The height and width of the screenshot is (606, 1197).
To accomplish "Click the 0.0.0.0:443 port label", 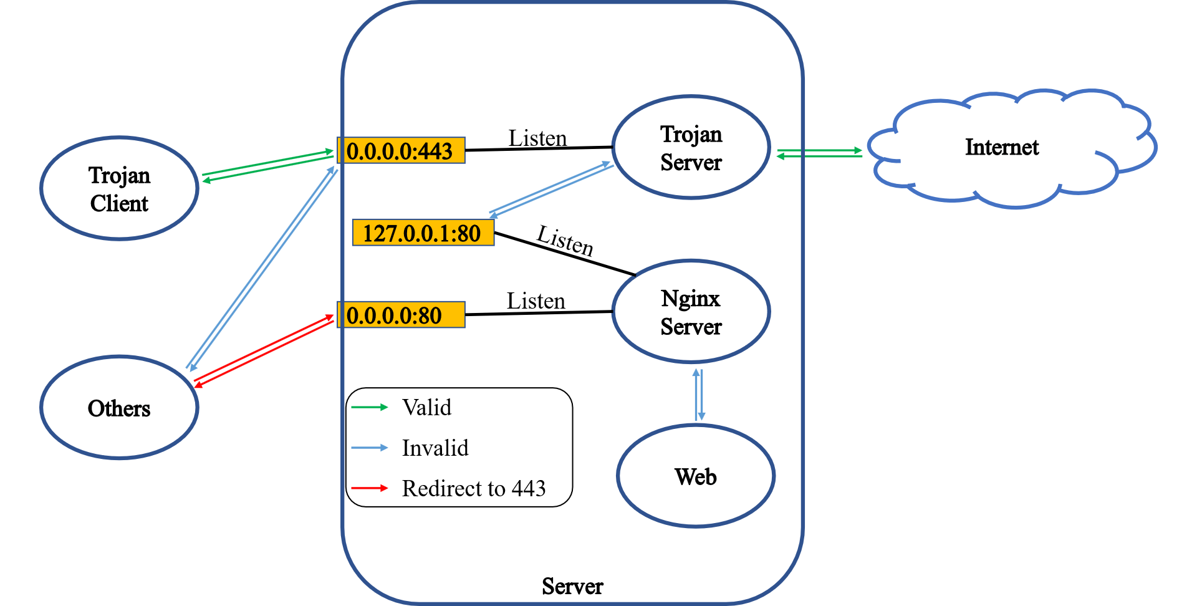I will pos(401,151).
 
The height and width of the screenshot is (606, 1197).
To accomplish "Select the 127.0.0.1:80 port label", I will pos(423,233).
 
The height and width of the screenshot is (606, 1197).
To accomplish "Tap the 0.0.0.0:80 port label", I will pos(401,315).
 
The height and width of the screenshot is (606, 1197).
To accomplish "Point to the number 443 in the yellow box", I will pos(435,151).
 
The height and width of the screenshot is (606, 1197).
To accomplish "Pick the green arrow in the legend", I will pos(370,407).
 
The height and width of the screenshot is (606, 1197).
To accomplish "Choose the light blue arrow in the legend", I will pos(370,448).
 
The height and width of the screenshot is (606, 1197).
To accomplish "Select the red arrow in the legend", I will pos(370,488).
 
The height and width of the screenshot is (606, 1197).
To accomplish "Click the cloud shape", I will pos(1011,148).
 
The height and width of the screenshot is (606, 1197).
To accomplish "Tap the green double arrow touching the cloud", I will pos(819,153).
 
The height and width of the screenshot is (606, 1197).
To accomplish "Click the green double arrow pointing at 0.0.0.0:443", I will pos(268,166).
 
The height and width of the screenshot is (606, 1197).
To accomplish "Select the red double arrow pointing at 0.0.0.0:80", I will pos(264,350).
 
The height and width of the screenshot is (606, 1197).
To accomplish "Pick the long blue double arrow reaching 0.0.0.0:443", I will pos(262,268).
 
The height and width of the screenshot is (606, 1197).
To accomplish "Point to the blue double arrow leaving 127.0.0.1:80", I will pos(551,189).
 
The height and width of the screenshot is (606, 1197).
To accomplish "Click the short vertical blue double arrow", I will pos(698,395).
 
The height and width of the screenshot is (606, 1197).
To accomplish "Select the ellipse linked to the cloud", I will pos(691,147).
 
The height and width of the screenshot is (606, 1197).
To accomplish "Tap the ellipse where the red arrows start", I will pos(119,407).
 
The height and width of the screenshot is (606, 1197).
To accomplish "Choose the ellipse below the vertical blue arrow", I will pos(696,476).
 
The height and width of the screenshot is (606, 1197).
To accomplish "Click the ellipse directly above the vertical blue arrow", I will pos(691,310).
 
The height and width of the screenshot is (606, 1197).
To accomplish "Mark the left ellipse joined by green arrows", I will pos(119,188).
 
